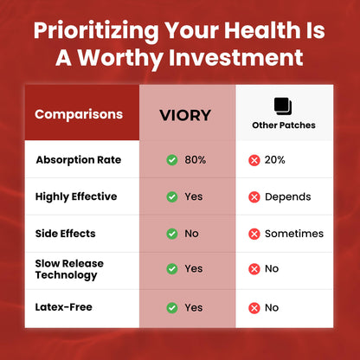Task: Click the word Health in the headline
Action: tap(262, 30)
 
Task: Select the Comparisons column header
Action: tap(79, 114)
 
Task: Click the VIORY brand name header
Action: tap(185, 115)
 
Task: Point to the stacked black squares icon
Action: tap(283, 106)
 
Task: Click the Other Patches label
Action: tap(284, 125)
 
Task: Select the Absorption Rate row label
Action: tap(79, 160)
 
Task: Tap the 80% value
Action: tap(196, 160)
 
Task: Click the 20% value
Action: tap(275, 160)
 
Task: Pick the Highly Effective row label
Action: tap(76, 197)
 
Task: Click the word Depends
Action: tap(288, 197)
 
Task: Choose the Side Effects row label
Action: tap(66, 234)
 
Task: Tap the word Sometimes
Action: tap(294, 234)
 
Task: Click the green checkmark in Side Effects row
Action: tap(172, 234)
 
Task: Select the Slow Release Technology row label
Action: tap(69, 269)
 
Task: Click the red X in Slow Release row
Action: tap(254, 269)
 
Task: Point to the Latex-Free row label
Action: tap(64, 307)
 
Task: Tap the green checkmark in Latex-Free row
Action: tap(172, 308)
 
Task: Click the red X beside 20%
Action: tap(254, 160)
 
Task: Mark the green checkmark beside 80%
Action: tap(172, 160)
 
